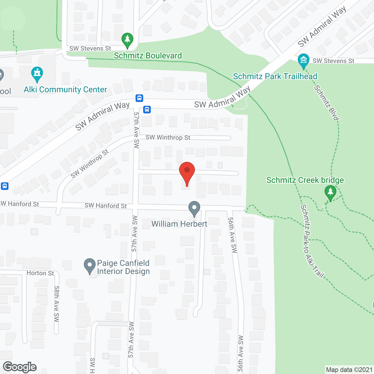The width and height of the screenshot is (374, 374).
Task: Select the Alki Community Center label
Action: click(65, 89)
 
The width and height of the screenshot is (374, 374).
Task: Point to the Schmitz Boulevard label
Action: click(148, 56)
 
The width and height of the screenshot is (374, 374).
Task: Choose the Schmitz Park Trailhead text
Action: click(275, 76)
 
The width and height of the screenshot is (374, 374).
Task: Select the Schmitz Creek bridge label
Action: click(305, 180)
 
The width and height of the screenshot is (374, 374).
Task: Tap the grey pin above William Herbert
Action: click(194, 209)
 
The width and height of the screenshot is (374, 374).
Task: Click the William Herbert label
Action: click(179, 224)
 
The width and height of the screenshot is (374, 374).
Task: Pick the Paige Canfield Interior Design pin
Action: click(90, 266)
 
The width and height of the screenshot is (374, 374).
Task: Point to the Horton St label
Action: click(40, 273)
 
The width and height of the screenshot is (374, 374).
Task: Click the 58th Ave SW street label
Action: click(56, 304)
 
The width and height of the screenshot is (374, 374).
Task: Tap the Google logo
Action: click(20, 367)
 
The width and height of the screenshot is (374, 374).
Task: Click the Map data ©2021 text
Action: click(349, 370)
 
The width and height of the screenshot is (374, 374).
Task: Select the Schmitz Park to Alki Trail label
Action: click(312, 241)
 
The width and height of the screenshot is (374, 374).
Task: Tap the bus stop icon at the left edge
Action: click(4, 186)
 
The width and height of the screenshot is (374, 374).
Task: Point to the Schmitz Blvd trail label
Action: click(326, 103)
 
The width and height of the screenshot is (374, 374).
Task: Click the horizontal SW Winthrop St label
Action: click(168, 137)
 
